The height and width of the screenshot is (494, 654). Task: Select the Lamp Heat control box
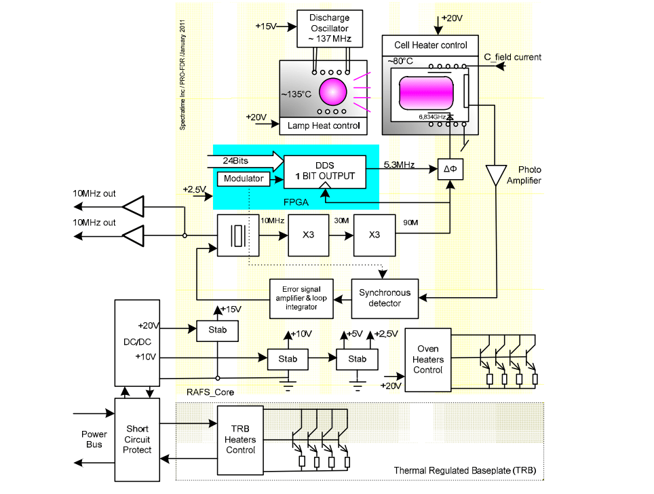point(324,126)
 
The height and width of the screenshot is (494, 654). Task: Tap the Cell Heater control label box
point(431,45)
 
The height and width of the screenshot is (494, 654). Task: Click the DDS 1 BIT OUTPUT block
point(324,171)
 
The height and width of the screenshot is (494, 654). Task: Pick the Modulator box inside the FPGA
point(242,179)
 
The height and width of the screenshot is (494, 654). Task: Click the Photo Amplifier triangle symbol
point(498,174)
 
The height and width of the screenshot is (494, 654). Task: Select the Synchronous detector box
point(385,298)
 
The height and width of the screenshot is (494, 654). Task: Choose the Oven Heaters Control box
point(428,360)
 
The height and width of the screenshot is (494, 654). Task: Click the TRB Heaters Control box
point(240,440)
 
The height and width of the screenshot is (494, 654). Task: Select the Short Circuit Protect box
point(137,439)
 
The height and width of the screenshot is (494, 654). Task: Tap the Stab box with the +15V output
point(218,330)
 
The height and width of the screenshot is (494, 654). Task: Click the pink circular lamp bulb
point(332,92)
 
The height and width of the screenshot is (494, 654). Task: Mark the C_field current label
point(512,57)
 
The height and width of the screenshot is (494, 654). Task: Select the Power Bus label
point(94,439)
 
